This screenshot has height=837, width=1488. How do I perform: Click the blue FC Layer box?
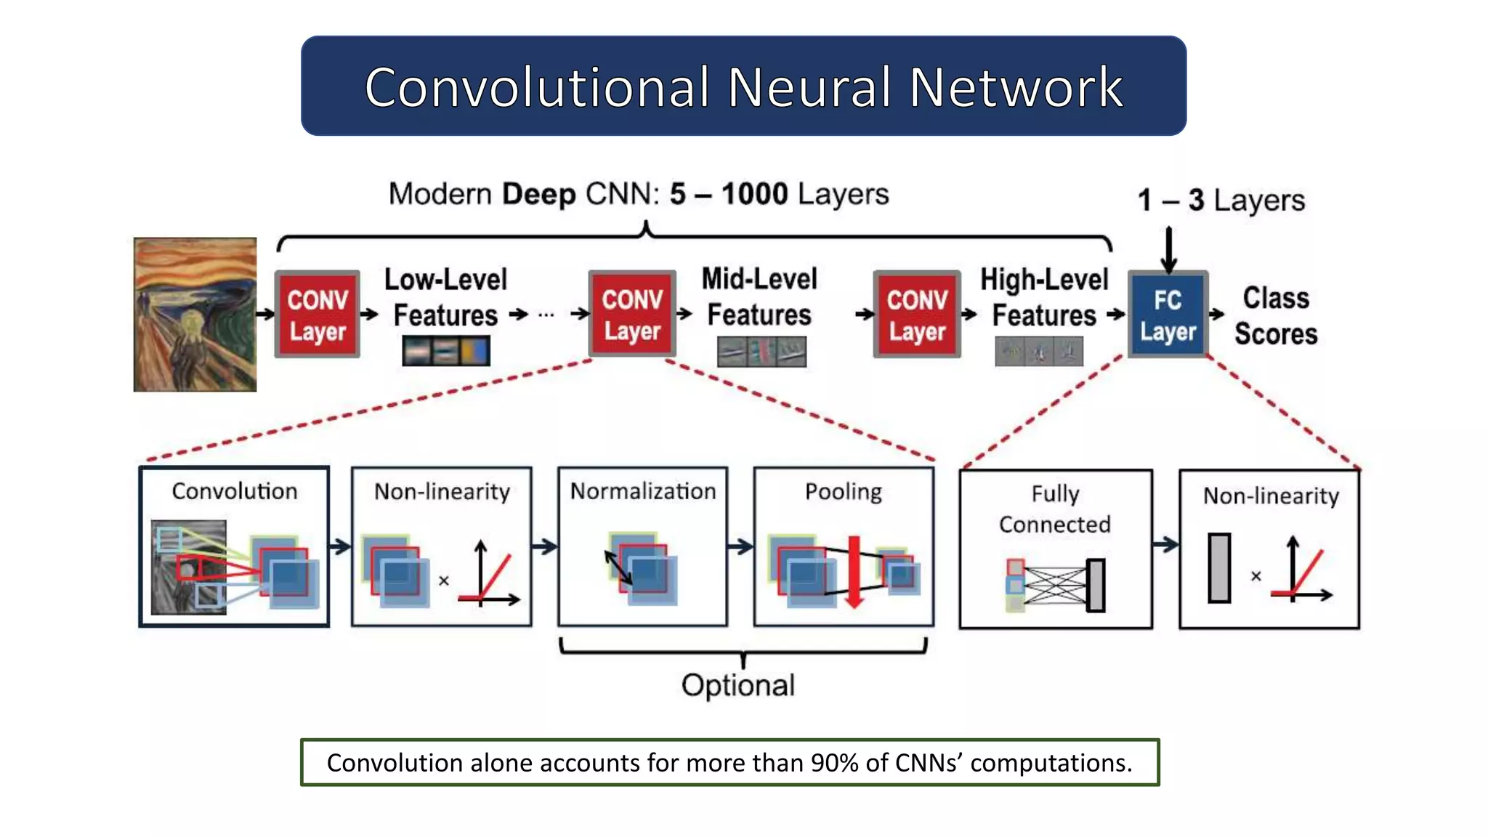pos(1168,315)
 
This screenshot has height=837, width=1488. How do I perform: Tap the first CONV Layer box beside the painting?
pos(318,315)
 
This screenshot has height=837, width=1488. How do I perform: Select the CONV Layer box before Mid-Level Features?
pos(632,315)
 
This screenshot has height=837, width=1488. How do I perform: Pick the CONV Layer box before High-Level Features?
pos(917,315)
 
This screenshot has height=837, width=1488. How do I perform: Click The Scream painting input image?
pos(195,315)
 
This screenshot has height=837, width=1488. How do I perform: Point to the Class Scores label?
pos(1276,316)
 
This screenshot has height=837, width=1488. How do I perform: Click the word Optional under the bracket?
pos(738,685)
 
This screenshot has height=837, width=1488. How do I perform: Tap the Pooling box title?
pos(843,492)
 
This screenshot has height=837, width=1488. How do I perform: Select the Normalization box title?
pos(642,491)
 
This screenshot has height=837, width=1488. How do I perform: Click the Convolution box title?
pos(234,491)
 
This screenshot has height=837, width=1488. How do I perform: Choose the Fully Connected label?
pos(1055,509)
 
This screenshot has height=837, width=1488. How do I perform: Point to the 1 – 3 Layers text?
pos(1221,200)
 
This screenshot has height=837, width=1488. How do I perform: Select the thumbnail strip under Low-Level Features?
pos(446,351)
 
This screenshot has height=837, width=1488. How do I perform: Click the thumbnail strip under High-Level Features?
pos(1039,352)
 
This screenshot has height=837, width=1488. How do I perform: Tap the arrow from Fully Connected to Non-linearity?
pos(1165,544)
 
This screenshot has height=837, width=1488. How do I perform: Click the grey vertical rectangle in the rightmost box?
pos(1219,568)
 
